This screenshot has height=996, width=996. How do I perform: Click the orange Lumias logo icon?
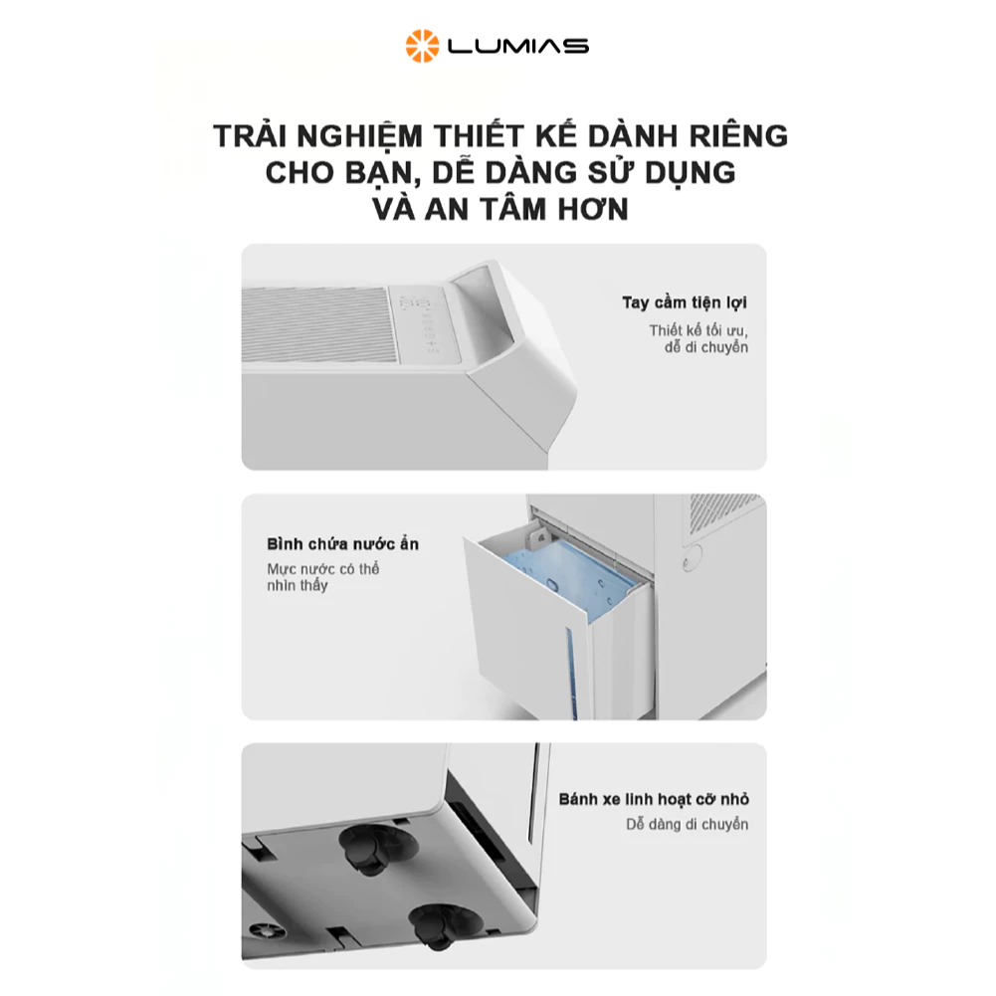click(422, 46)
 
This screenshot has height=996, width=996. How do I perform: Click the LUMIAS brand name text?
click(517, 46)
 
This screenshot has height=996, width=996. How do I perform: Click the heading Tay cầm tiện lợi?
click(685, 302)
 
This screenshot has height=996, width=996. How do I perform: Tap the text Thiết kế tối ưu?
click(698, 330)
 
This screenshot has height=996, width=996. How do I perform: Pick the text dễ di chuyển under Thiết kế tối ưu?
click(706, 347)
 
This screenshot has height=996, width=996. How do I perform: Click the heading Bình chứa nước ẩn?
click(343, 544)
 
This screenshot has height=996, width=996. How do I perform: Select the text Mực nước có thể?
click(323, 569)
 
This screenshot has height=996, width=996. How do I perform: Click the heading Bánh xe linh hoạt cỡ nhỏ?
click(654, 799)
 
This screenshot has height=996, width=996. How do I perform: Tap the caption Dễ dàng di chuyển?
click(688, 825)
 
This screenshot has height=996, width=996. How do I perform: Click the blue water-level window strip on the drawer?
click(571, 672)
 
